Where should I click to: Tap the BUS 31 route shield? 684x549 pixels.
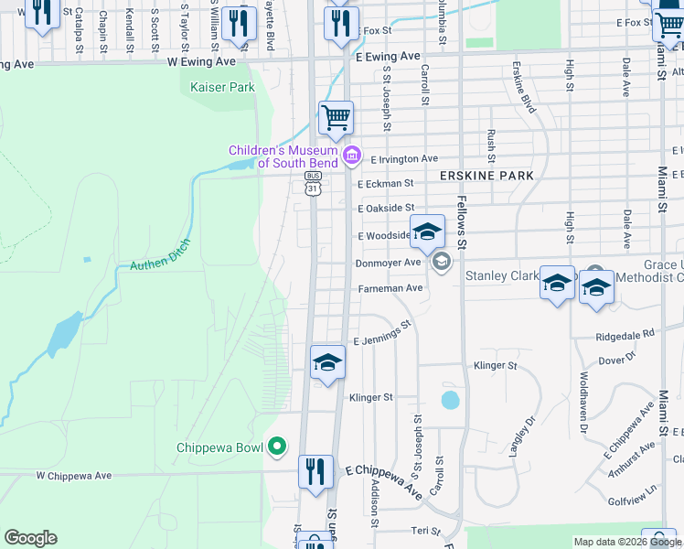coord(314,184)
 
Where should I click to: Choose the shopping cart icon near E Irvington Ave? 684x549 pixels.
coord(336,117)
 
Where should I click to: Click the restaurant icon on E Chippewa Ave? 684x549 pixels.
coord(315,472)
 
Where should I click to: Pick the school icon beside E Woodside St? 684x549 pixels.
coord(426,232)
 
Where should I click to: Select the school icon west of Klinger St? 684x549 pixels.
coord(327,363)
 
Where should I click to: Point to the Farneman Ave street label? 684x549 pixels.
coord(389,287)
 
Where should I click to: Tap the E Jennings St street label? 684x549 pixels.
coord(382,332)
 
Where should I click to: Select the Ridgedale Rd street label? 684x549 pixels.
coord(625,335)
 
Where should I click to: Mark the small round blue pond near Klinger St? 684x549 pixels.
coord(450,400)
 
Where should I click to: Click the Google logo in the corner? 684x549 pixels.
coord(30,538)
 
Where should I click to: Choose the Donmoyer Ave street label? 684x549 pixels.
coord(387,263)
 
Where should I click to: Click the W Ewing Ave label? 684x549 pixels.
coord(201,61)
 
